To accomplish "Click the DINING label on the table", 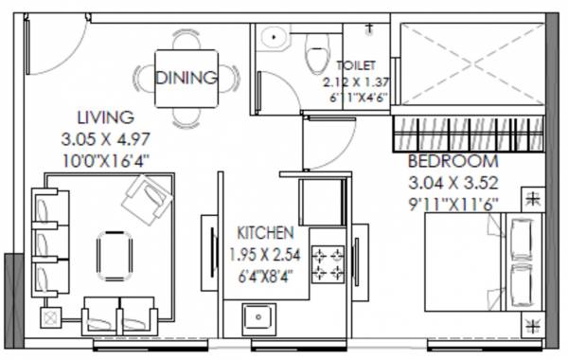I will tap(186, 78).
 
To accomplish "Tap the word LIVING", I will tap(105, 118).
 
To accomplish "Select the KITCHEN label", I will tap(264, 232).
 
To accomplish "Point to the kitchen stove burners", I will tap(328, 266).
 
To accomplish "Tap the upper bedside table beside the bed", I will tap(532, 200).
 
